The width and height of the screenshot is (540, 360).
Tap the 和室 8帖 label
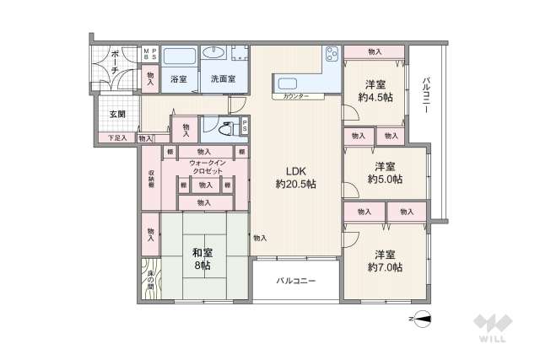coord(201,258)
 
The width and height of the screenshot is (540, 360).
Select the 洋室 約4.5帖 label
coord(375,90)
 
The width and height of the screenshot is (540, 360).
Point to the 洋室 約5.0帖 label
coord(385,172)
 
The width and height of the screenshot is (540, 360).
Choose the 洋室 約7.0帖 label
coord(385,260)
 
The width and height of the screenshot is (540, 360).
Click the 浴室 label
coord(178,79)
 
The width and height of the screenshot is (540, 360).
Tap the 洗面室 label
coord(224,79)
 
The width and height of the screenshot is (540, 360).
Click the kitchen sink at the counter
coord(286,84)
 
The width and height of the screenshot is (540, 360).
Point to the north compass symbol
coord(423,318)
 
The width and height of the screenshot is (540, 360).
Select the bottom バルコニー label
coord(296,281)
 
